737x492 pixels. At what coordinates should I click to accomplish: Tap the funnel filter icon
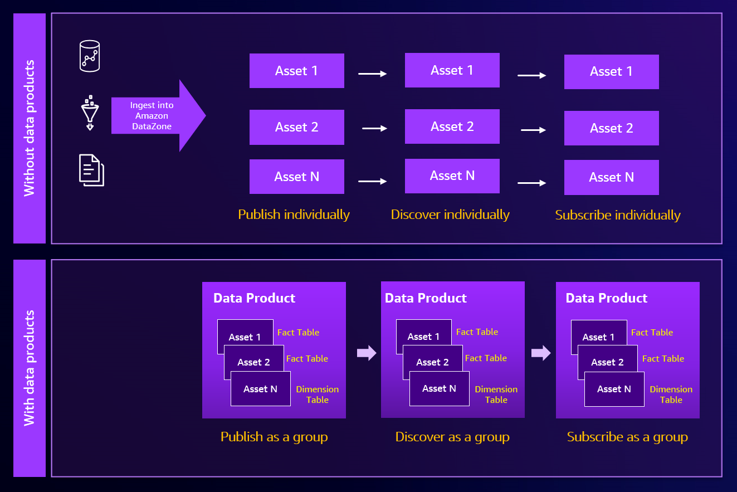coord(90,114)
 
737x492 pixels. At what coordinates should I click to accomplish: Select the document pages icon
coord(91,170)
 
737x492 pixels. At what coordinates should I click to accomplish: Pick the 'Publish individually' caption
coord(294,215)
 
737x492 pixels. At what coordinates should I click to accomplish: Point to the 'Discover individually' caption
coord(450,215)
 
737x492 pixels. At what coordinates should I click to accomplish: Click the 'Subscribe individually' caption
coord(618,215)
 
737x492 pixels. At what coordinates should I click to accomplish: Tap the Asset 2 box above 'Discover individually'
coord(452,126)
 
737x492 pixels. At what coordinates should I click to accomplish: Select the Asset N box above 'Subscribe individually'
coord(611,177)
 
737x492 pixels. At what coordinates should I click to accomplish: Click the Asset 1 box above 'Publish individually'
coord(296,71)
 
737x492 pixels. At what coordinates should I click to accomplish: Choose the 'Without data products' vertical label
coord(30,128)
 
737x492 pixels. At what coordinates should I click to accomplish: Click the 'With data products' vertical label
coord(30,368)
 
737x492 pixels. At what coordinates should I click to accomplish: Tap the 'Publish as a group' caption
coord(274,437)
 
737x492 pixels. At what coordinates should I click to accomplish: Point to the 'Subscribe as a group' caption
coord(627,437)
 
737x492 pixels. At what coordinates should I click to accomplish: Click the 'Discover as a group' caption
coord(452,437)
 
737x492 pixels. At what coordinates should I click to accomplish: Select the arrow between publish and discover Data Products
coord(367,353)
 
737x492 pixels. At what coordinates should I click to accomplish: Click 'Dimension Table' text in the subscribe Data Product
coord(671,394)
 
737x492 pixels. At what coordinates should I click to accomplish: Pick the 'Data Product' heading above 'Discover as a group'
coord(426,298)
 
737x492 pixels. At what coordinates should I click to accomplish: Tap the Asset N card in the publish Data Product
coord(260,389)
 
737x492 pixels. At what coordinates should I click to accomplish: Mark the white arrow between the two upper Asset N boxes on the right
coord(531,183)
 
